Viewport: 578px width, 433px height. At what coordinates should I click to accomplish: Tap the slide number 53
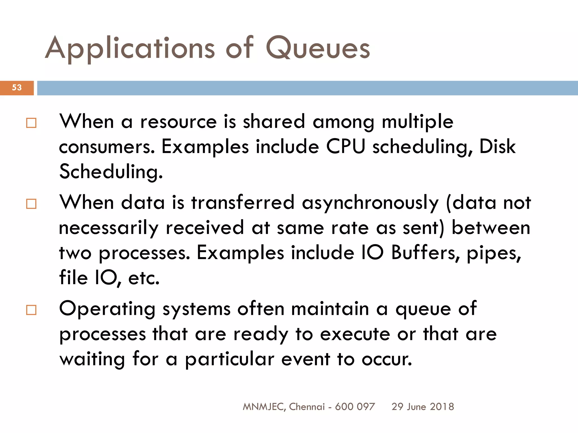point(17,88)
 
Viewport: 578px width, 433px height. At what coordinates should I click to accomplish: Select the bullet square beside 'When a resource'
point(31,123)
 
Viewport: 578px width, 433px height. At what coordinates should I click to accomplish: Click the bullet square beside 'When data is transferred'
point(31,204)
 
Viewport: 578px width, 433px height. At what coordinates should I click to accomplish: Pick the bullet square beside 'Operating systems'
point(31,310)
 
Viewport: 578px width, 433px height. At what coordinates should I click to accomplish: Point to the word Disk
point(497,147)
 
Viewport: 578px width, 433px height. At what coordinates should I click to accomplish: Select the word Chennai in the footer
point(307,407)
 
